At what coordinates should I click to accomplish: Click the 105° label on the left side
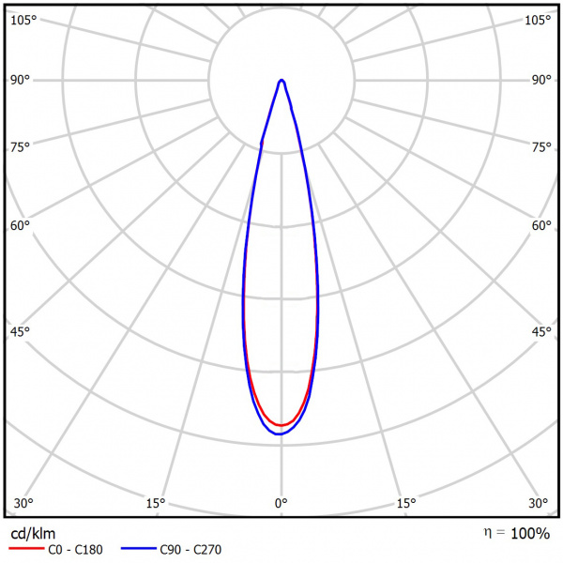23,20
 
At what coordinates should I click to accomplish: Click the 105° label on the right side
538,20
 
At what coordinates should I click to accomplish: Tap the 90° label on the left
21,80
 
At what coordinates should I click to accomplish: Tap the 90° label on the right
541,80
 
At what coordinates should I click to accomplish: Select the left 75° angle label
21,146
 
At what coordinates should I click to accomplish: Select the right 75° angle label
541,146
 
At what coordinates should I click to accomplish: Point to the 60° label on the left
21,225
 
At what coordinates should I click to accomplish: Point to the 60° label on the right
541,225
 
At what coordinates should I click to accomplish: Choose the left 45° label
21,332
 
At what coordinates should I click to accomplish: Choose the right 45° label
541,332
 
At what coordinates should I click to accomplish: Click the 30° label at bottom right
538,504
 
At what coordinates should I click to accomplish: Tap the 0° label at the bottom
281,504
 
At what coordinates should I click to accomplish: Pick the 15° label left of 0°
156,504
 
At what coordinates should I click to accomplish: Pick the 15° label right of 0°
405,504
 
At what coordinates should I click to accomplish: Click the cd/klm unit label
33,534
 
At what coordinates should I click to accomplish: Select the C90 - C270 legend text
190,551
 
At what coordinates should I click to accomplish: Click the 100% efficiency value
530,534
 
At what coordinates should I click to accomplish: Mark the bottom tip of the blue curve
279,434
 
